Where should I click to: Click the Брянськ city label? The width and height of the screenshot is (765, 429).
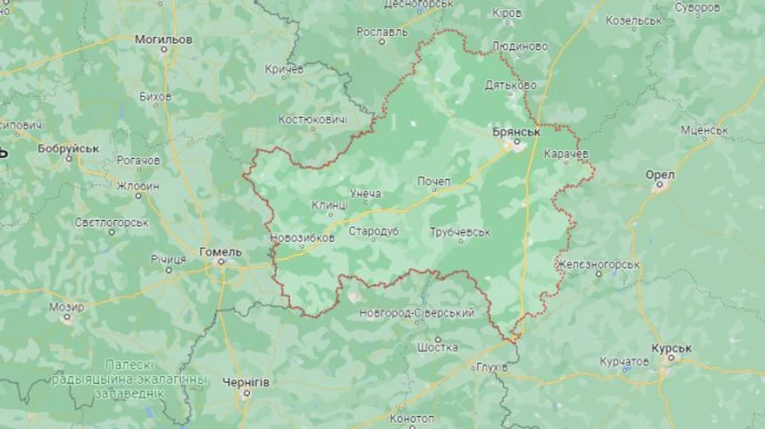tap(517, 133)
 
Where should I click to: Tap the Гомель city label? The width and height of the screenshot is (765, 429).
tap(220, 251)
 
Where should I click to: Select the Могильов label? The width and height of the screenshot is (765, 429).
tap(163, 39)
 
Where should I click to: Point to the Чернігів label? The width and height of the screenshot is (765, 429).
tap(246, 382)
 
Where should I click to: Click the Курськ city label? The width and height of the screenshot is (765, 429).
tap(671, 348)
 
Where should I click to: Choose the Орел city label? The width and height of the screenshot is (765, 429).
tap(660, 174)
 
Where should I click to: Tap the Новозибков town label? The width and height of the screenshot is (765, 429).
tap(302, 238)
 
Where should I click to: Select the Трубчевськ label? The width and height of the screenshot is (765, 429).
tap(460, 232)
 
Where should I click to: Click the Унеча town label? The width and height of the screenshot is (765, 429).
tap(365, 194)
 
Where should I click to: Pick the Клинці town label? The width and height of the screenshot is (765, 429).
tap(330, 206)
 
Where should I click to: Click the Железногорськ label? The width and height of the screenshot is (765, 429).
tap(598, 264)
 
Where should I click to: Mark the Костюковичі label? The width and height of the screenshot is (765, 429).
tap(313, 120)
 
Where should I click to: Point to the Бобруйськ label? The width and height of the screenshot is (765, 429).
tap(68, 148)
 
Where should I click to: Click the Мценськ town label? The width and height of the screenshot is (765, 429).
tap(704, 130)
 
